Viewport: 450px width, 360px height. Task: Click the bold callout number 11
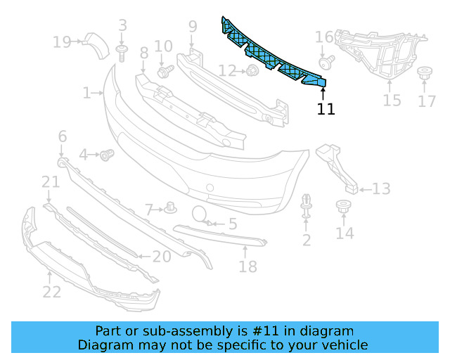pos(326,109)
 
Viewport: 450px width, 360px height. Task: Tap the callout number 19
pos(62,42)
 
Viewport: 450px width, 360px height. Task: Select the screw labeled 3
pos(122,49)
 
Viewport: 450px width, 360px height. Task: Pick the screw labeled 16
pos(325,63)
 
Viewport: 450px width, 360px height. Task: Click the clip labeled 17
pos(425,73)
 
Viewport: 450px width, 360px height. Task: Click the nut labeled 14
pos(344,207)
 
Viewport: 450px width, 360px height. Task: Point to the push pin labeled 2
pos(307,203)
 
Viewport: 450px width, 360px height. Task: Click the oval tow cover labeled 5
pos(200,215)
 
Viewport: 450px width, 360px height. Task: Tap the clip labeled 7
pos(170,207)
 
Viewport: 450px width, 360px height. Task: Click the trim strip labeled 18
pos(218,236)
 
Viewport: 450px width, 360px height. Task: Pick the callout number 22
pos(51,290)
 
